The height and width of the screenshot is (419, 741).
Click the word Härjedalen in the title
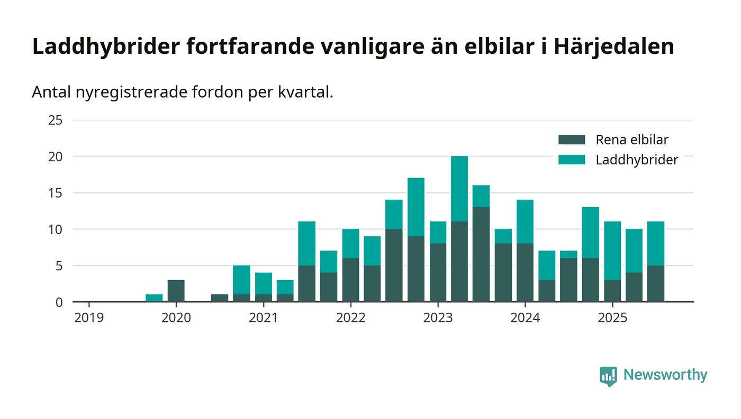[x=614, y=46]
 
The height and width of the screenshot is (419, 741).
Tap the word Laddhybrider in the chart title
[x=106, y=46]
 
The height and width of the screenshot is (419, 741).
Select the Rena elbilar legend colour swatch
[x=572, y=140]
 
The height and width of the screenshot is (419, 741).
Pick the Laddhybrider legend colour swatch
[x=572, y=160]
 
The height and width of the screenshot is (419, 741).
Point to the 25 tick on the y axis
[x=56, y=120]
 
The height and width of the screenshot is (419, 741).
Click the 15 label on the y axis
[x=56, y=193]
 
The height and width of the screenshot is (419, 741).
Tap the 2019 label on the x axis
[x=89, y=318]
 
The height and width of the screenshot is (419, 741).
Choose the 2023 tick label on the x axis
[x=438, y=318]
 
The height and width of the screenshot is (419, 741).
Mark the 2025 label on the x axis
[x=612, y=318]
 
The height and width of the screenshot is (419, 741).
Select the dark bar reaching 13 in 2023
[x=481, y=254]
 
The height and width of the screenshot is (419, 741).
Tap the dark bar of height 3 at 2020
[x=176, y=291]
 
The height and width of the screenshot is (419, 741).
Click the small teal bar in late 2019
[x=154, y=298]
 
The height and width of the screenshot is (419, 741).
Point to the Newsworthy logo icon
[x=608, y=376]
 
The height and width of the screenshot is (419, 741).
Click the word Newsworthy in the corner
[x=665, y=375]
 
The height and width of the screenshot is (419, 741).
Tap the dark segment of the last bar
[x=655, y=283]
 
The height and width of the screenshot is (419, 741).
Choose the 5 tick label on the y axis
[x=59, y=266]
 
